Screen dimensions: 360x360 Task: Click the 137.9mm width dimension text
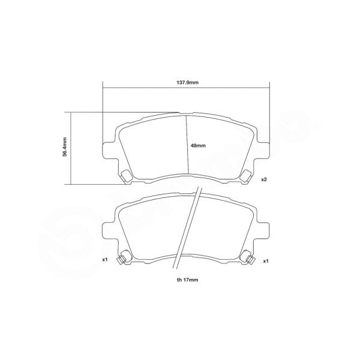187,82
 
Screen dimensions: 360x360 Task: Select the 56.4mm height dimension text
64,148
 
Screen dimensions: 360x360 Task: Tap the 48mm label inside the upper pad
198,146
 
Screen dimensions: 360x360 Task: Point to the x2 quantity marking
263,179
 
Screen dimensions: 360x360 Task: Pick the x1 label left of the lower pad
104,260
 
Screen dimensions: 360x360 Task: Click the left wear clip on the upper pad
127,176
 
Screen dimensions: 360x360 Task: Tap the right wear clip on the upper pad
246,176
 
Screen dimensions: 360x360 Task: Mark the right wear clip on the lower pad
247,257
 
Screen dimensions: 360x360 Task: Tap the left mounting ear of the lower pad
108,231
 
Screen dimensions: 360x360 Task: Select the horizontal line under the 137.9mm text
187,89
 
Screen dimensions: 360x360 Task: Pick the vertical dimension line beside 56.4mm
71,148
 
